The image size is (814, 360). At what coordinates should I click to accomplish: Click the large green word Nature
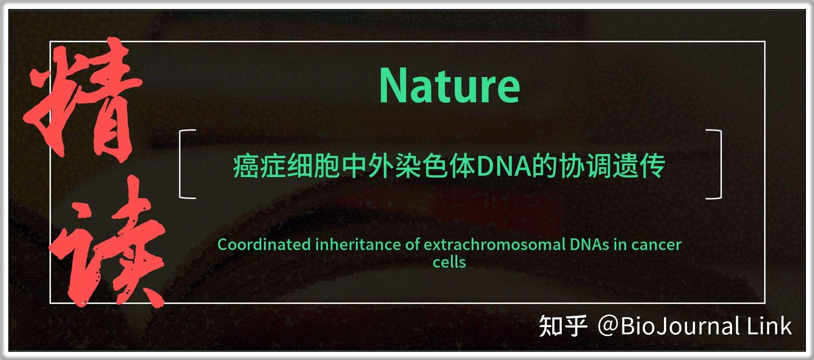[450, 85]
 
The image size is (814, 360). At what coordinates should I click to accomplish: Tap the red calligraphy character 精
[83, 99]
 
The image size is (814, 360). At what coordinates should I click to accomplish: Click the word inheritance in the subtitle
[358, 245]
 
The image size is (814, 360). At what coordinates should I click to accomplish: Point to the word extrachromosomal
[494, 245]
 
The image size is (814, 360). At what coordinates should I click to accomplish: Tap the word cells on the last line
[449, 262]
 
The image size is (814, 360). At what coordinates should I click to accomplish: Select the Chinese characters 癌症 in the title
[259, 166]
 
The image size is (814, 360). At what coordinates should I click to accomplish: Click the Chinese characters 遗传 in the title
[638, 166]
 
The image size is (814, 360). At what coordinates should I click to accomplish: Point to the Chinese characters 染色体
[435, 166]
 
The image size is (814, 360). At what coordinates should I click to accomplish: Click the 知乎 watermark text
[563, 326]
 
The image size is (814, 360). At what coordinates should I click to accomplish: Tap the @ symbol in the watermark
[608, 326]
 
